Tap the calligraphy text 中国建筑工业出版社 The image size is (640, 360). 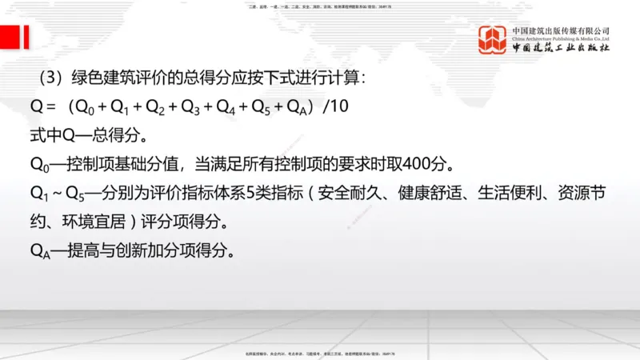click(561, 50)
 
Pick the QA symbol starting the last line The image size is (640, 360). click(40, 251)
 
